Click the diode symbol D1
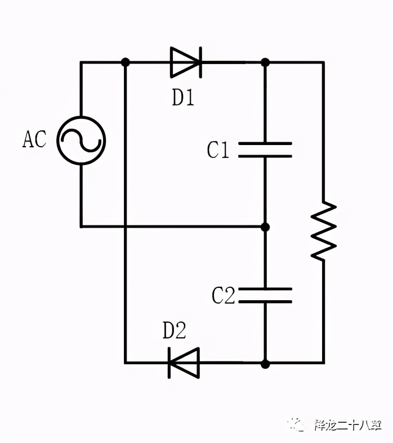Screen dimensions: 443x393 (x=185, y=62)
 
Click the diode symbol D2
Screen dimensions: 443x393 (x=184, y=363)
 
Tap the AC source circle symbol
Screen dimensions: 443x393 (x=81, y=141)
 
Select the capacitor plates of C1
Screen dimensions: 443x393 (x=265, y=150)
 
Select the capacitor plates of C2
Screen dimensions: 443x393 (x=265, y=295)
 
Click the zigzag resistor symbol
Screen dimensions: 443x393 (x=324, y=230)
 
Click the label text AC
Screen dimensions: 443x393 (x=34, y=139)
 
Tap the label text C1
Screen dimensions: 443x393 (x=218, y=150)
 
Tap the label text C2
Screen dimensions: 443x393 (x=223, y=296)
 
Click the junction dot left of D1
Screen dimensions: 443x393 (x=125, y=62)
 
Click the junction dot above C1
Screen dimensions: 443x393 (x=265, y=62)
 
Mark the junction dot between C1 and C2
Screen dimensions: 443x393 (x=265, y=227)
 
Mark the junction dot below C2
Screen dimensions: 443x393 (x=265, y=363)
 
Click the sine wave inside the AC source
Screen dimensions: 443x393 (x=81, y=141)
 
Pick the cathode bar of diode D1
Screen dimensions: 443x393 (x=199, y=62)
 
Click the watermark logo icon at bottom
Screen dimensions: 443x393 (x=296, y=424)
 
